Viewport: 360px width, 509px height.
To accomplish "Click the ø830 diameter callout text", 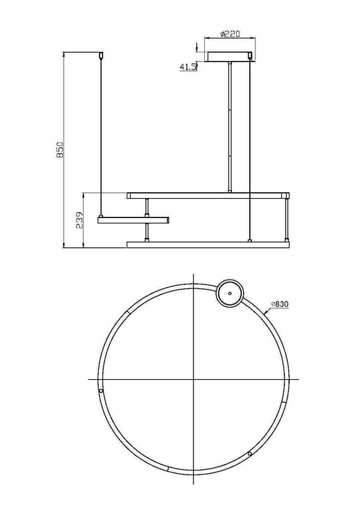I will click(x=280, y=304).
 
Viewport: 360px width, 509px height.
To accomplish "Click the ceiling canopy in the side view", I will click(x=229, y=57).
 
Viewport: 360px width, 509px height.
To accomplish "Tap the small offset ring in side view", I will click(x=133, y=219).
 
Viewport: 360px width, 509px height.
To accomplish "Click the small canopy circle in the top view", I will click(x=230, y=292).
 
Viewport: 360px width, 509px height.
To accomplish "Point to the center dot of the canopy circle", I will click(x=230, y=292).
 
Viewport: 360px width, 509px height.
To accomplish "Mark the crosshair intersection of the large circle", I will click(x=193, y=379).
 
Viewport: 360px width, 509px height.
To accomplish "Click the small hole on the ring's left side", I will click(x=101, y=392).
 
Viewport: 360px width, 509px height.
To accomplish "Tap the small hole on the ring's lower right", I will click(x=249, y=454).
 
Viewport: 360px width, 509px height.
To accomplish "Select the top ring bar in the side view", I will click(x=208, y=196).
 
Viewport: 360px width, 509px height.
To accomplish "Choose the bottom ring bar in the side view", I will click(x=208, y=245).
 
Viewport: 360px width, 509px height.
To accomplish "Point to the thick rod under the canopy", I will click(x=229, y=126).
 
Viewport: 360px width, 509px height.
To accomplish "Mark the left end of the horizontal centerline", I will click(x=90, y=379).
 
